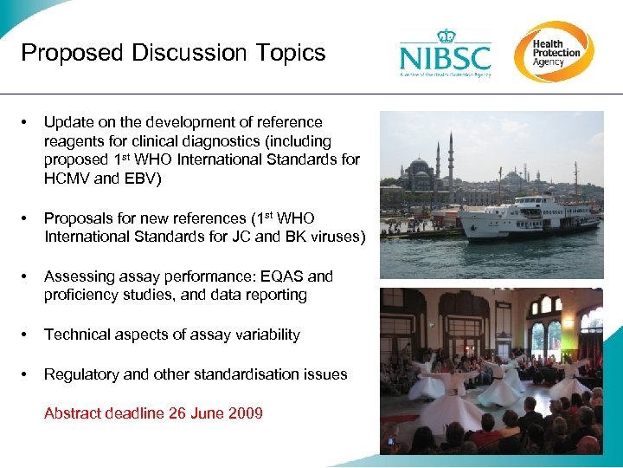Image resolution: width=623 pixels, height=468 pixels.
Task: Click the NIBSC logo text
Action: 445,58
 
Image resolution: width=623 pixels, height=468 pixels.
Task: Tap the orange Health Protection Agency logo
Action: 554,51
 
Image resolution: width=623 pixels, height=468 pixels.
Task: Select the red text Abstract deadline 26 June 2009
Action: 153,413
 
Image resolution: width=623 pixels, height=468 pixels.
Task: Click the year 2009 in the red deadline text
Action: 245,413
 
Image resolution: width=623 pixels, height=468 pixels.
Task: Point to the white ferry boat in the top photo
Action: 528,217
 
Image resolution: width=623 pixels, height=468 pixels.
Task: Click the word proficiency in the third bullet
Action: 83,295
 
